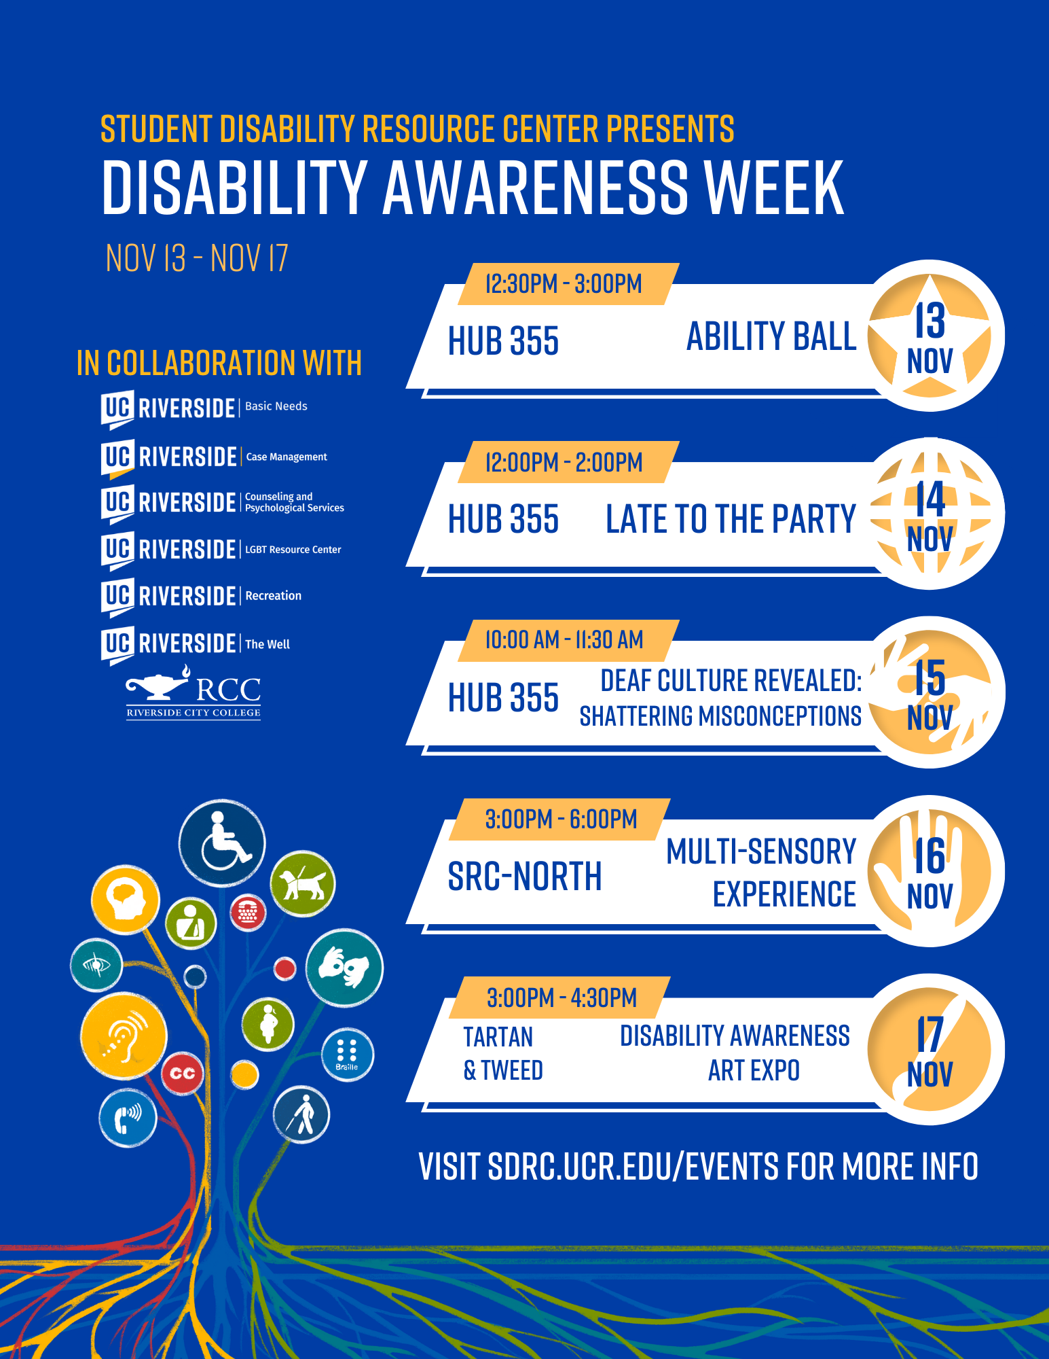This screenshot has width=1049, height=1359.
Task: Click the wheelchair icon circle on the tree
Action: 222,843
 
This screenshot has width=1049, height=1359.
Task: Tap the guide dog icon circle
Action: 303,883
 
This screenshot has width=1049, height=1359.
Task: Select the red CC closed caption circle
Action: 183,1073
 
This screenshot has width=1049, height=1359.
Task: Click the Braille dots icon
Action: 347,1055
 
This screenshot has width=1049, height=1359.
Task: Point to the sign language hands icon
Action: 344,968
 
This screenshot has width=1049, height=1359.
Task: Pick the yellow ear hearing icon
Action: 124,1036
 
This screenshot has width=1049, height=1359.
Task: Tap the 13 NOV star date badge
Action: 930,336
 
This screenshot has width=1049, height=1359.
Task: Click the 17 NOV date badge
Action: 930,1049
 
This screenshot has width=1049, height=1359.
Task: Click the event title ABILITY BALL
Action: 771,336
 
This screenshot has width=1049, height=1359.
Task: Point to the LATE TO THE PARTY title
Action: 731,519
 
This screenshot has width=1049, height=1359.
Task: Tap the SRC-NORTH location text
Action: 525,876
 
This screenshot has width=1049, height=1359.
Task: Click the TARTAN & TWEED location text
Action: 503,1053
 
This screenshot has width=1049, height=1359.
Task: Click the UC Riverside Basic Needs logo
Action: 204,408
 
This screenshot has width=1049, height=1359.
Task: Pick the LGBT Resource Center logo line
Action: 221,550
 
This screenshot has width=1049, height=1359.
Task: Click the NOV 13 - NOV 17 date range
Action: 197,258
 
